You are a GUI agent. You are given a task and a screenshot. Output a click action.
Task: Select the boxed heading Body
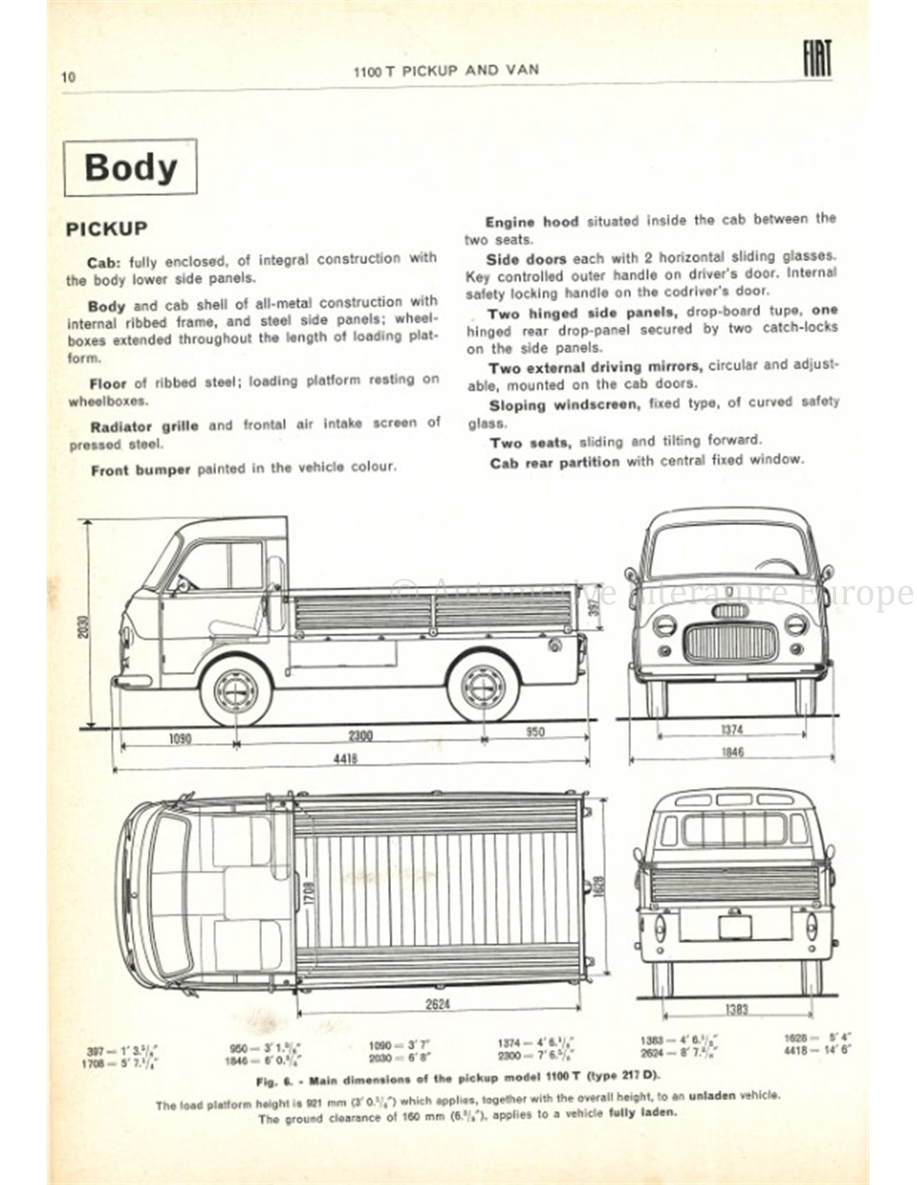coord(131,167)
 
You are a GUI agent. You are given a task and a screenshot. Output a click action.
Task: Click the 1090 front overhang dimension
coord(178,735)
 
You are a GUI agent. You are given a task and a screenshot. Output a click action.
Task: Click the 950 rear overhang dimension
coord(535,732)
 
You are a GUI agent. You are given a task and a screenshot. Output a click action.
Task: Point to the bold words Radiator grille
coord(143,426)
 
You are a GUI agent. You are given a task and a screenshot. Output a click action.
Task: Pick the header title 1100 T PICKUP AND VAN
coord(446,70)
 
